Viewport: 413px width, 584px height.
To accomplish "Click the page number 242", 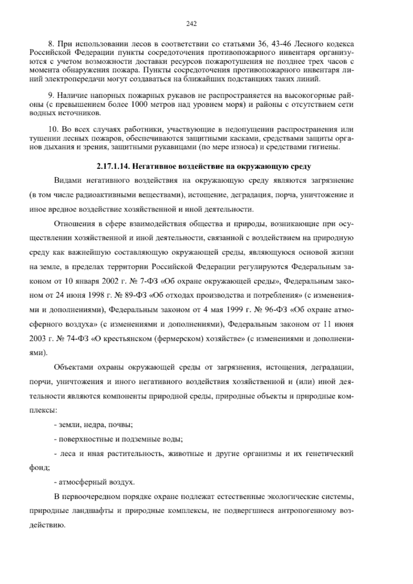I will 191,24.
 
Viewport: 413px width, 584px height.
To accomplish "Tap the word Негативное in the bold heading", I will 153,167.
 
